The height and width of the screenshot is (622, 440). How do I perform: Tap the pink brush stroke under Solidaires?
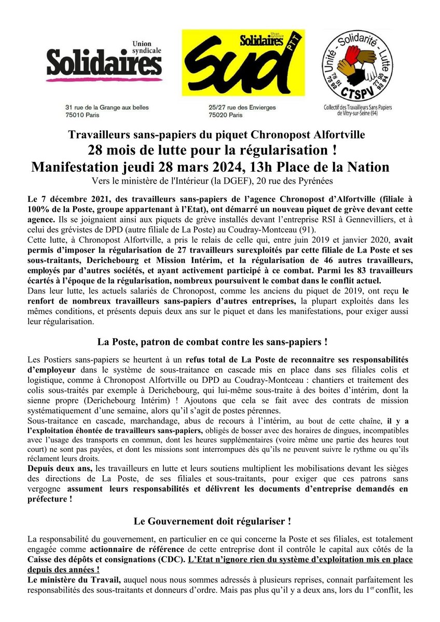103,80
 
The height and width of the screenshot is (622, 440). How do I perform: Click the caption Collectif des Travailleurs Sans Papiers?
368,108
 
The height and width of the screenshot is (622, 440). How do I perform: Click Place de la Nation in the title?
338,168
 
